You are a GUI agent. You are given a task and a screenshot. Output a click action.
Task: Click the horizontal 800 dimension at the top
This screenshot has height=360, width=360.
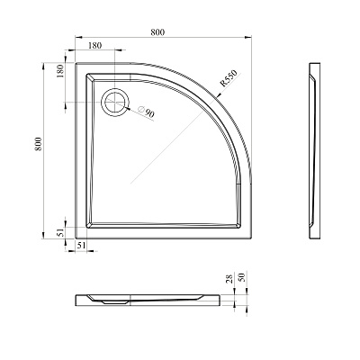click(x=157, y=32)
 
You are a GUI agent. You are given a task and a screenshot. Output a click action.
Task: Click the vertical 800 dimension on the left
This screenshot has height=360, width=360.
click(x=38, y=144)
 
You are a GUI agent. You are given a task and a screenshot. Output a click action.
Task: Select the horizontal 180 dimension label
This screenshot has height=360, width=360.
click(x=95, y=46)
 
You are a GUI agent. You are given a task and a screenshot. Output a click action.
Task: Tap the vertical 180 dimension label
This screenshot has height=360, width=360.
click(x=59, y=71)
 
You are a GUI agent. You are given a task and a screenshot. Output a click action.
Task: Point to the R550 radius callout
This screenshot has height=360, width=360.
click(x=229, y=78)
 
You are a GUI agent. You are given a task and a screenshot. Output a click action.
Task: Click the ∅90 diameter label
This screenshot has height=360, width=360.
click(x=146, y=112)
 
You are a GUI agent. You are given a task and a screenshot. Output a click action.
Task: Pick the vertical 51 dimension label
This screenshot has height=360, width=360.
click(x=61, y=233)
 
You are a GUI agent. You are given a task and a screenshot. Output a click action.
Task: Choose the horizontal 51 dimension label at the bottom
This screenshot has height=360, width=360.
click(x=81, y=245)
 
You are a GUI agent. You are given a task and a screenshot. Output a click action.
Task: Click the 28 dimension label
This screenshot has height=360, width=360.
click(x=230, y=278)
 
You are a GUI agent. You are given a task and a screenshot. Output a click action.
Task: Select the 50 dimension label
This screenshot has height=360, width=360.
click(x=242, y=276)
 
